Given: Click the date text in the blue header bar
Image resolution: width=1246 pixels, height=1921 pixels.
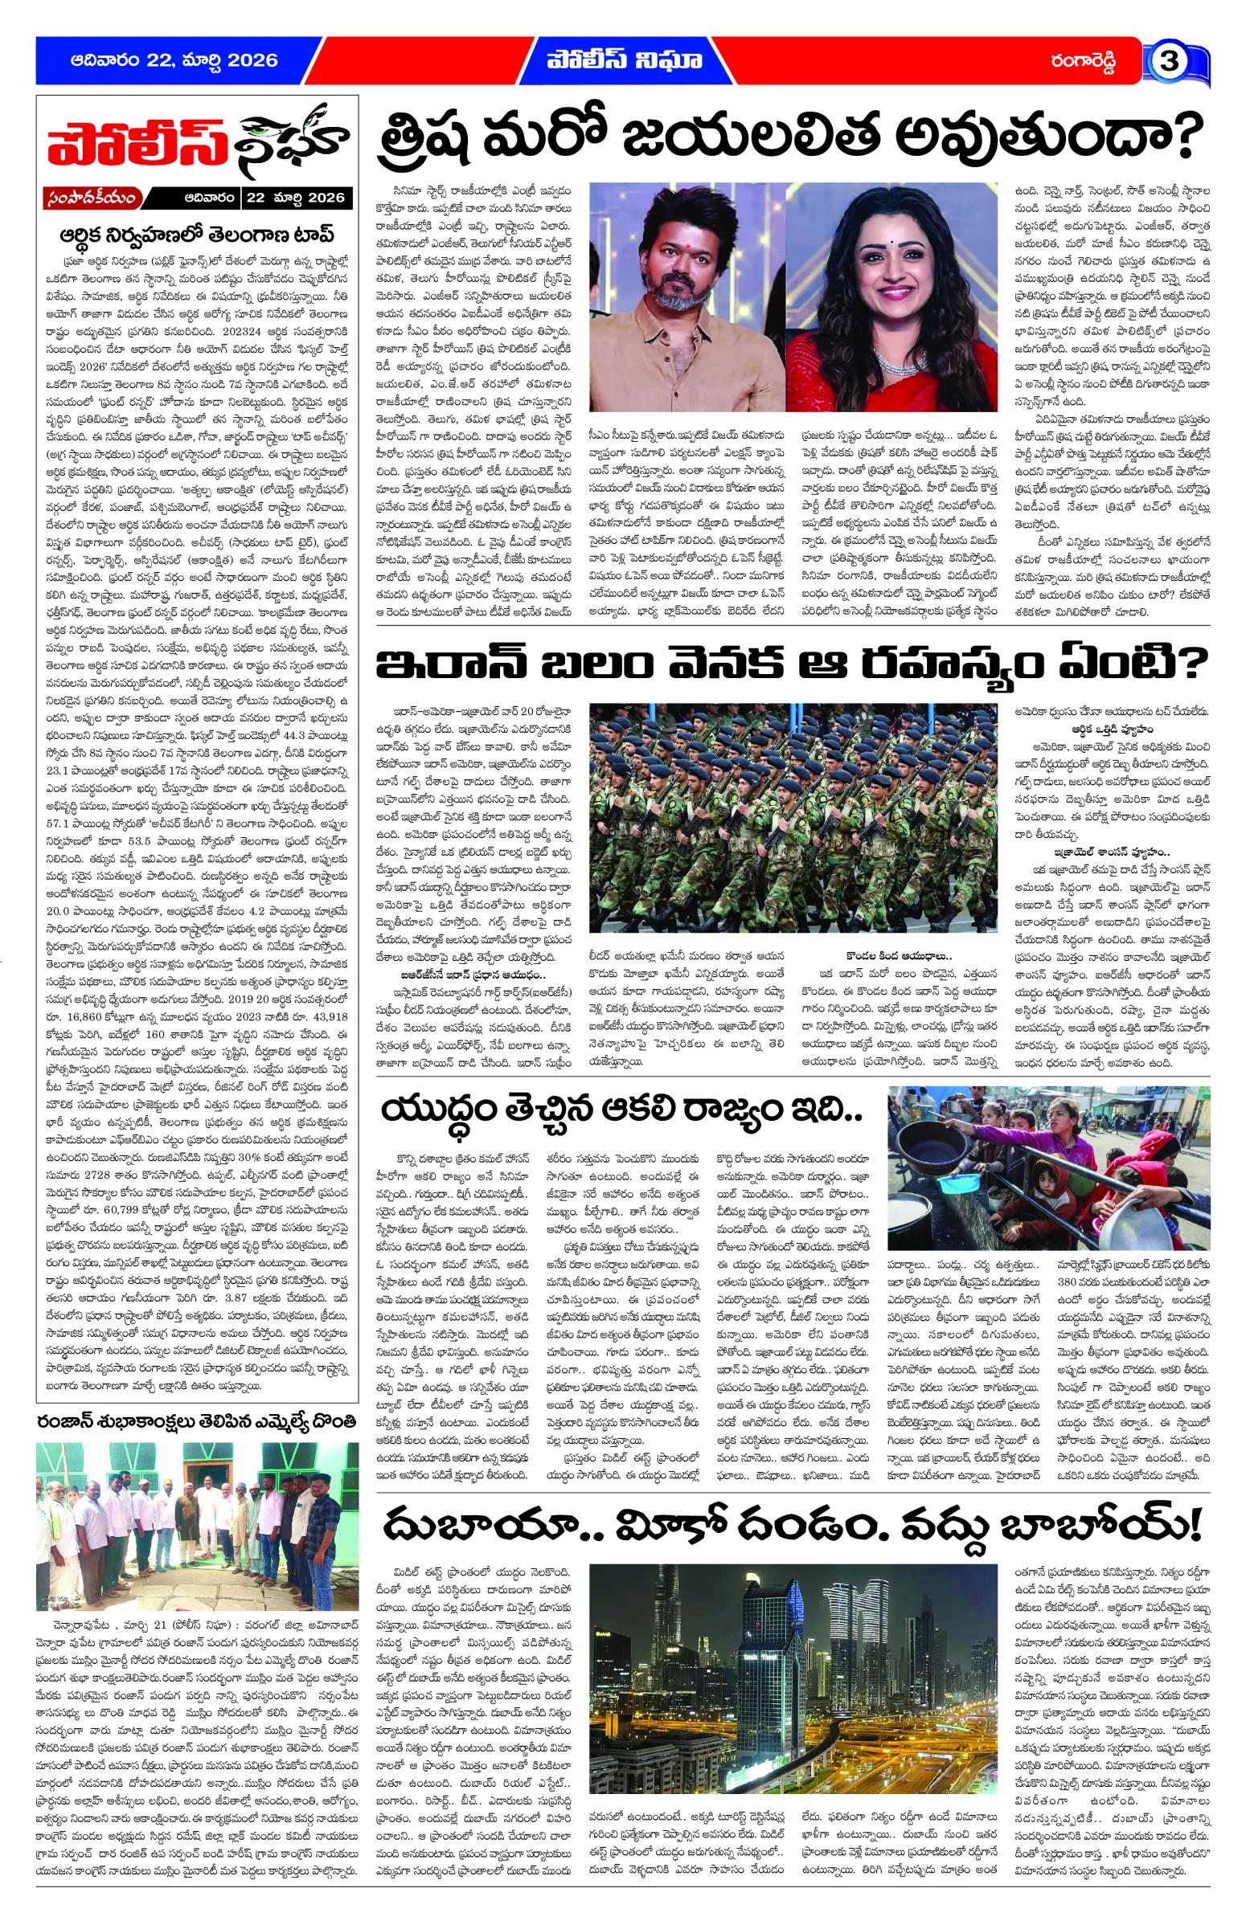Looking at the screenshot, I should click(x=174, y=60).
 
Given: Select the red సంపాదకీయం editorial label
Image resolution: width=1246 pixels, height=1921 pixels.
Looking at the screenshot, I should click(x=93, y=198).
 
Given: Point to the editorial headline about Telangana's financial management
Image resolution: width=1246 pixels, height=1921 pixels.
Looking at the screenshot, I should click(x=196, y=235).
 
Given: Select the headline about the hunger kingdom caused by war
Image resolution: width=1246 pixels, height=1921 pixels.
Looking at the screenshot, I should click(x=621, y=1110).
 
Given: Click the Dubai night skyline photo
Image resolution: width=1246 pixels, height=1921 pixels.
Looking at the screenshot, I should click(x=792, y=1679).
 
